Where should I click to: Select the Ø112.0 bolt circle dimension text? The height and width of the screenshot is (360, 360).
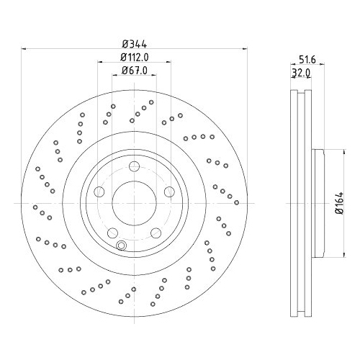pyautogui.click(x=135, y=57)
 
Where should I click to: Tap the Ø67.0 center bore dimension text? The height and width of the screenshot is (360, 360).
pyautogui.click(x=135, y=70)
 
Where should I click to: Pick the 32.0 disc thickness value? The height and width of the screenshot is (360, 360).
pyautogui.click(x=300, y=73)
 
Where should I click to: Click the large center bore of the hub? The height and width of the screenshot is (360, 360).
pyautogui.click(x=134, y=203)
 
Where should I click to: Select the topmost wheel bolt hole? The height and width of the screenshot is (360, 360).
pyautogui.click(x=134, y=168)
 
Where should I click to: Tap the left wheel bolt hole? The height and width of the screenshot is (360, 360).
pyautogui.click(x=101, y=192)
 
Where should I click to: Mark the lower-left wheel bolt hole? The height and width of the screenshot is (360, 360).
pyautogui.click(x=113, y=232)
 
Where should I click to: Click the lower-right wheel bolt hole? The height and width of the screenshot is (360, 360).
pyautogui.click(x=155, y=232)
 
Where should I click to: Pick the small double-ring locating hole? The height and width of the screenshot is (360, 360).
pyautogui.click(x=121, y=246)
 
